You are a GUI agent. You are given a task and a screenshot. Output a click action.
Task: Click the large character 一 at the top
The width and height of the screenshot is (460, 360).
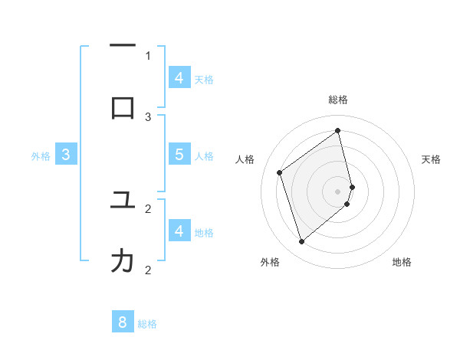123,47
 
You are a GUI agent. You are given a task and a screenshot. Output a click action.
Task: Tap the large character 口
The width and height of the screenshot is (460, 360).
123,108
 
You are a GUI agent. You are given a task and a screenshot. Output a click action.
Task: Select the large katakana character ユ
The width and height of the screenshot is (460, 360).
123,200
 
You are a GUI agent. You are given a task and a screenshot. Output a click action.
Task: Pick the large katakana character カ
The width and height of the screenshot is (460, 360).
123,261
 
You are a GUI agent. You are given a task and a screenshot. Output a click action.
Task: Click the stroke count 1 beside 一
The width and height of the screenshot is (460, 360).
148,55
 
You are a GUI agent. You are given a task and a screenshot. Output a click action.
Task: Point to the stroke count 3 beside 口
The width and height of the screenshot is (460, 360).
148,116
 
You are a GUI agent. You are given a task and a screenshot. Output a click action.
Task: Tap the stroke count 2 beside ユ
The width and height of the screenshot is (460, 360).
148,208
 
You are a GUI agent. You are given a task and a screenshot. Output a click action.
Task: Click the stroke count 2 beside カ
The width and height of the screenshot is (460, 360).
148,270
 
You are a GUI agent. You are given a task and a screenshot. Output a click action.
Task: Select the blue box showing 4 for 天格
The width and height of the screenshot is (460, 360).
179,77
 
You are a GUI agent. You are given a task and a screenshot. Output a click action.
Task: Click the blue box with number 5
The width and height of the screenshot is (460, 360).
179,154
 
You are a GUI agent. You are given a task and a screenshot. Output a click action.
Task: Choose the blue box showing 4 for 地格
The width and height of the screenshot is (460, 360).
179,230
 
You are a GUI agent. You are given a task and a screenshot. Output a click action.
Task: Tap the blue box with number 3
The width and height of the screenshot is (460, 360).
66,155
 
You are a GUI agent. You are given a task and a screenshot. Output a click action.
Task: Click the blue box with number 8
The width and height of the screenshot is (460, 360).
123,322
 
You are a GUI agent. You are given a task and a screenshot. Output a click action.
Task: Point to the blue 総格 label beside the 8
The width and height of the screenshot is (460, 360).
147,324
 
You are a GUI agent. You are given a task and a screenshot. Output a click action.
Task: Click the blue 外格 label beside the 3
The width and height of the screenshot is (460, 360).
41,156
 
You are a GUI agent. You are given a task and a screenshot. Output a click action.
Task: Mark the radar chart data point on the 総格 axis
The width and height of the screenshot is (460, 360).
338,130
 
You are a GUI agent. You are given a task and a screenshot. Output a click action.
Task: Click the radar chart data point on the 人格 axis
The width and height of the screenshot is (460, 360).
280,173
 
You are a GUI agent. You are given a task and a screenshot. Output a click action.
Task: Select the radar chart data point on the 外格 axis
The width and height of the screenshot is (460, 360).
301,242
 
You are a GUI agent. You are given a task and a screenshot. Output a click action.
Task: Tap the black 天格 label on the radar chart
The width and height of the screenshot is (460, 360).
432,159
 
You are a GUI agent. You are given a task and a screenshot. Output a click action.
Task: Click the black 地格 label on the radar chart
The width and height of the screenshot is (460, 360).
402,263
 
